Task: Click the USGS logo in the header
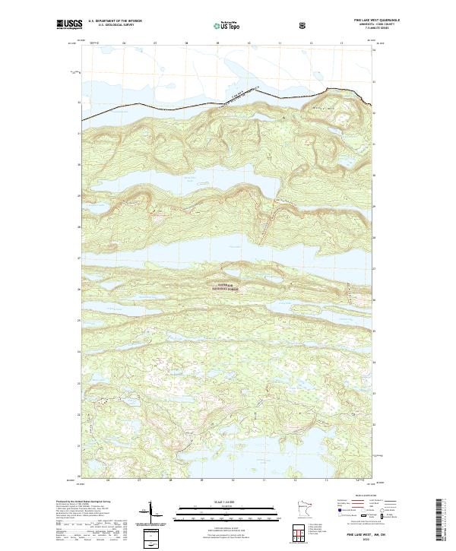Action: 69,25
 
